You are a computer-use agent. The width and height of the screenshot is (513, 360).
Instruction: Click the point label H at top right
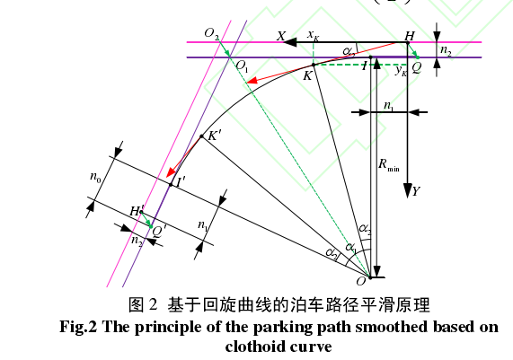(x=410, y=36)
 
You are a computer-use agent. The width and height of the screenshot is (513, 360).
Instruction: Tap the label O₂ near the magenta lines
(x=212, y=33)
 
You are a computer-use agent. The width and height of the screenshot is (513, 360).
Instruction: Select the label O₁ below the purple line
(x=242, y=66)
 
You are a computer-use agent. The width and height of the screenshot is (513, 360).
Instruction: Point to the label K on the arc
(x=307, y=75)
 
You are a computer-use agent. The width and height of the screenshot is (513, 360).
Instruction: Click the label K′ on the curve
(x=215, y=136)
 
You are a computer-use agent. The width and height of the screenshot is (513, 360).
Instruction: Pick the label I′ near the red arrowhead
(x=181, y=182)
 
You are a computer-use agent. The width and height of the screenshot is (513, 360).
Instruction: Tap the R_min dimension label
(x=389, y=164)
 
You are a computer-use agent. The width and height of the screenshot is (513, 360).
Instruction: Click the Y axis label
(x=416, y=191)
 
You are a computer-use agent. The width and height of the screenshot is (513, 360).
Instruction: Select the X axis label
(x=281, y=36)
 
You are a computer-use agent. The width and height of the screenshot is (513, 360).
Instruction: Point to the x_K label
(x=313, y=35)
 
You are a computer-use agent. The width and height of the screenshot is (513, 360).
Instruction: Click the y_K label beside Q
(x=401, y=70)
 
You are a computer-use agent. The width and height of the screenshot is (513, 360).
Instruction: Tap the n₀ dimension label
(x=95, y=177)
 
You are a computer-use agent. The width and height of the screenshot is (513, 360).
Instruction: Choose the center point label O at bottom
(x=360, y=281)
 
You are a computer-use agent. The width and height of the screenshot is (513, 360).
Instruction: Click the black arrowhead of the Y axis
(x=408, y=190)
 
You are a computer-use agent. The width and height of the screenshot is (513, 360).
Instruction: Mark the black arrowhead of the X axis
(x=290, y=42)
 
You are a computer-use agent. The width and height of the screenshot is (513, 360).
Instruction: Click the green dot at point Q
(x=418, y=57)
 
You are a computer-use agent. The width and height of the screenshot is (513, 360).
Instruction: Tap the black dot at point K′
(x=201, y=136)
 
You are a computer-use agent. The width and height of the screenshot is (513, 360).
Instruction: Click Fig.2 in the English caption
(x=78, y=327)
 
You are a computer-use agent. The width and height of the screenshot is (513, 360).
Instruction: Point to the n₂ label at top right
(x=446, y=50)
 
